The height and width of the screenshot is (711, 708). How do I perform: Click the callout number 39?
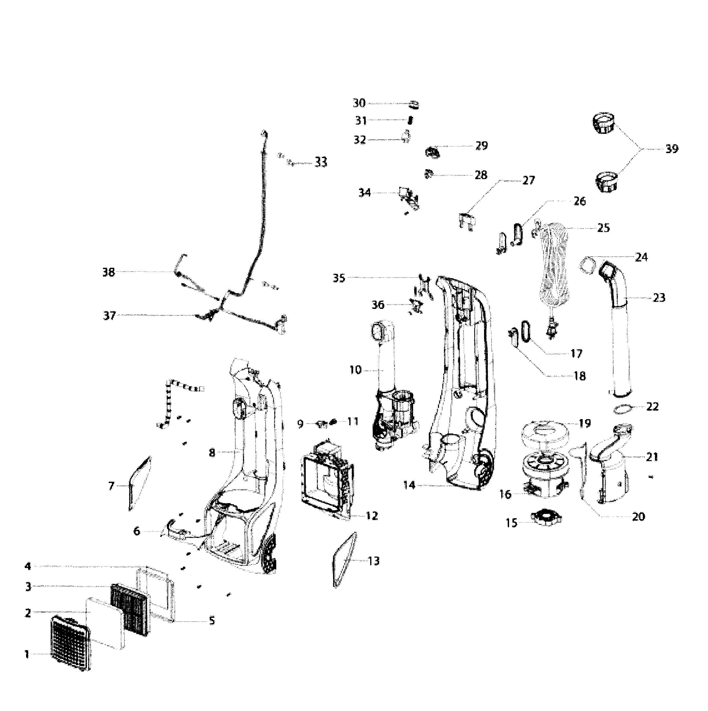(x=672, y=149)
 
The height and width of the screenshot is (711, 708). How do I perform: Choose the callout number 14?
(x=409, y=485)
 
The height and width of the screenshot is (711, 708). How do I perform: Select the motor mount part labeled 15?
(x=546, y=518)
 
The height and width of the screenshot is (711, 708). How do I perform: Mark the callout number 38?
(x=108, y=272)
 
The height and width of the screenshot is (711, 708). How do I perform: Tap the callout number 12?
(x=372, y=516)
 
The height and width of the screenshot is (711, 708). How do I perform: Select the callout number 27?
(x=528, y=180)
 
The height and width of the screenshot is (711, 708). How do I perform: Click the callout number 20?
(x=638, y=517)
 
